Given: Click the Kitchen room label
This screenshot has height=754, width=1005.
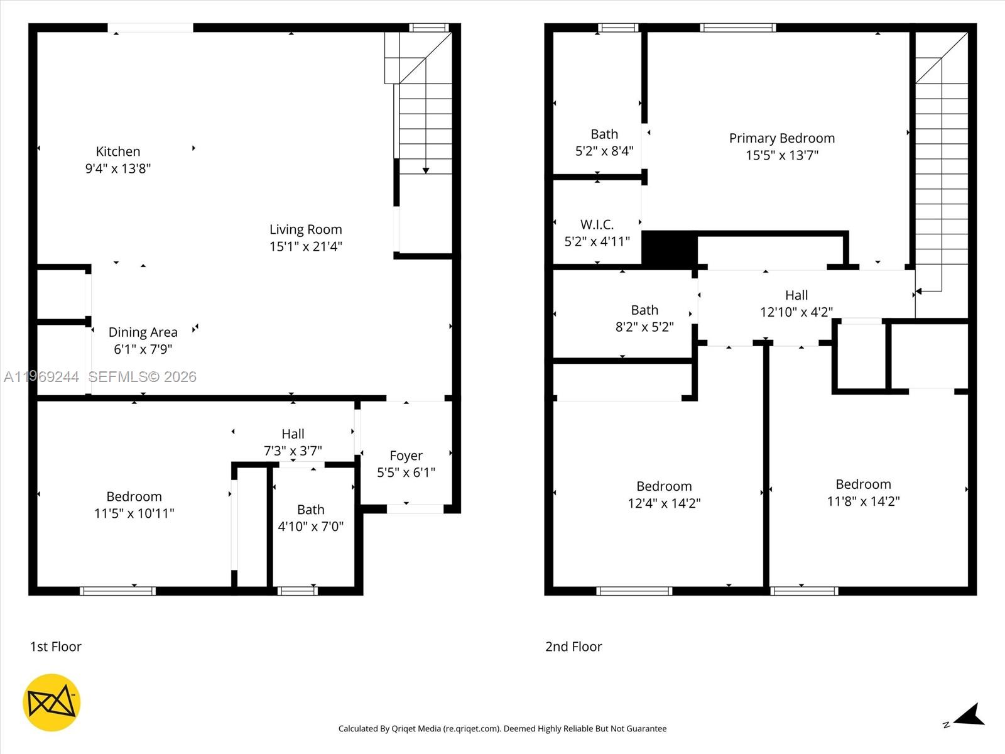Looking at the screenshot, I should coord(118,151).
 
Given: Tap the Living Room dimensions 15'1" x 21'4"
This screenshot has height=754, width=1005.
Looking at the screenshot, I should coord(305,246).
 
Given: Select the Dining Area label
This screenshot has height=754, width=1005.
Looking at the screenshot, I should coord(143,332).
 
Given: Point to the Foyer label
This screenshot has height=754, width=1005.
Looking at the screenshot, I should coord(406,456).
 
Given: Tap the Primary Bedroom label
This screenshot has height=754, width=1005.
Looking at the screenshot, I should coord(781,138).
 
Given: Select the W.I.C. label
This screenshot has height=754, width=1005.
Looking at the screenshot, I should coord(597,224).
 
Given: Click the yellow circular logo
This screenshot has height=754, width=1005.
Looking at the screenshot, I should coord(52,702).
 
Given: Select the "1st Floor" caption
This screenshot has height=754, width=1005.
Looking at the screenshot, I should coord(56,647).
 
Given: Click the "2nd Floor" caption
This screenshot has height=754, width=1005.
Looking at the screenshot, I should coord(573,647).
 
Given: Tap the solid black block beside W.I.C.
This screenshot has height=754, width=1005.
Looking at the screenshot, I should coord(669,249).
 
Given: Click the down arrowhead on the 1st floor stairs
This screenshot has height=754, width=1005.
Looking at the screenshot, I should coord(426,170).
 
